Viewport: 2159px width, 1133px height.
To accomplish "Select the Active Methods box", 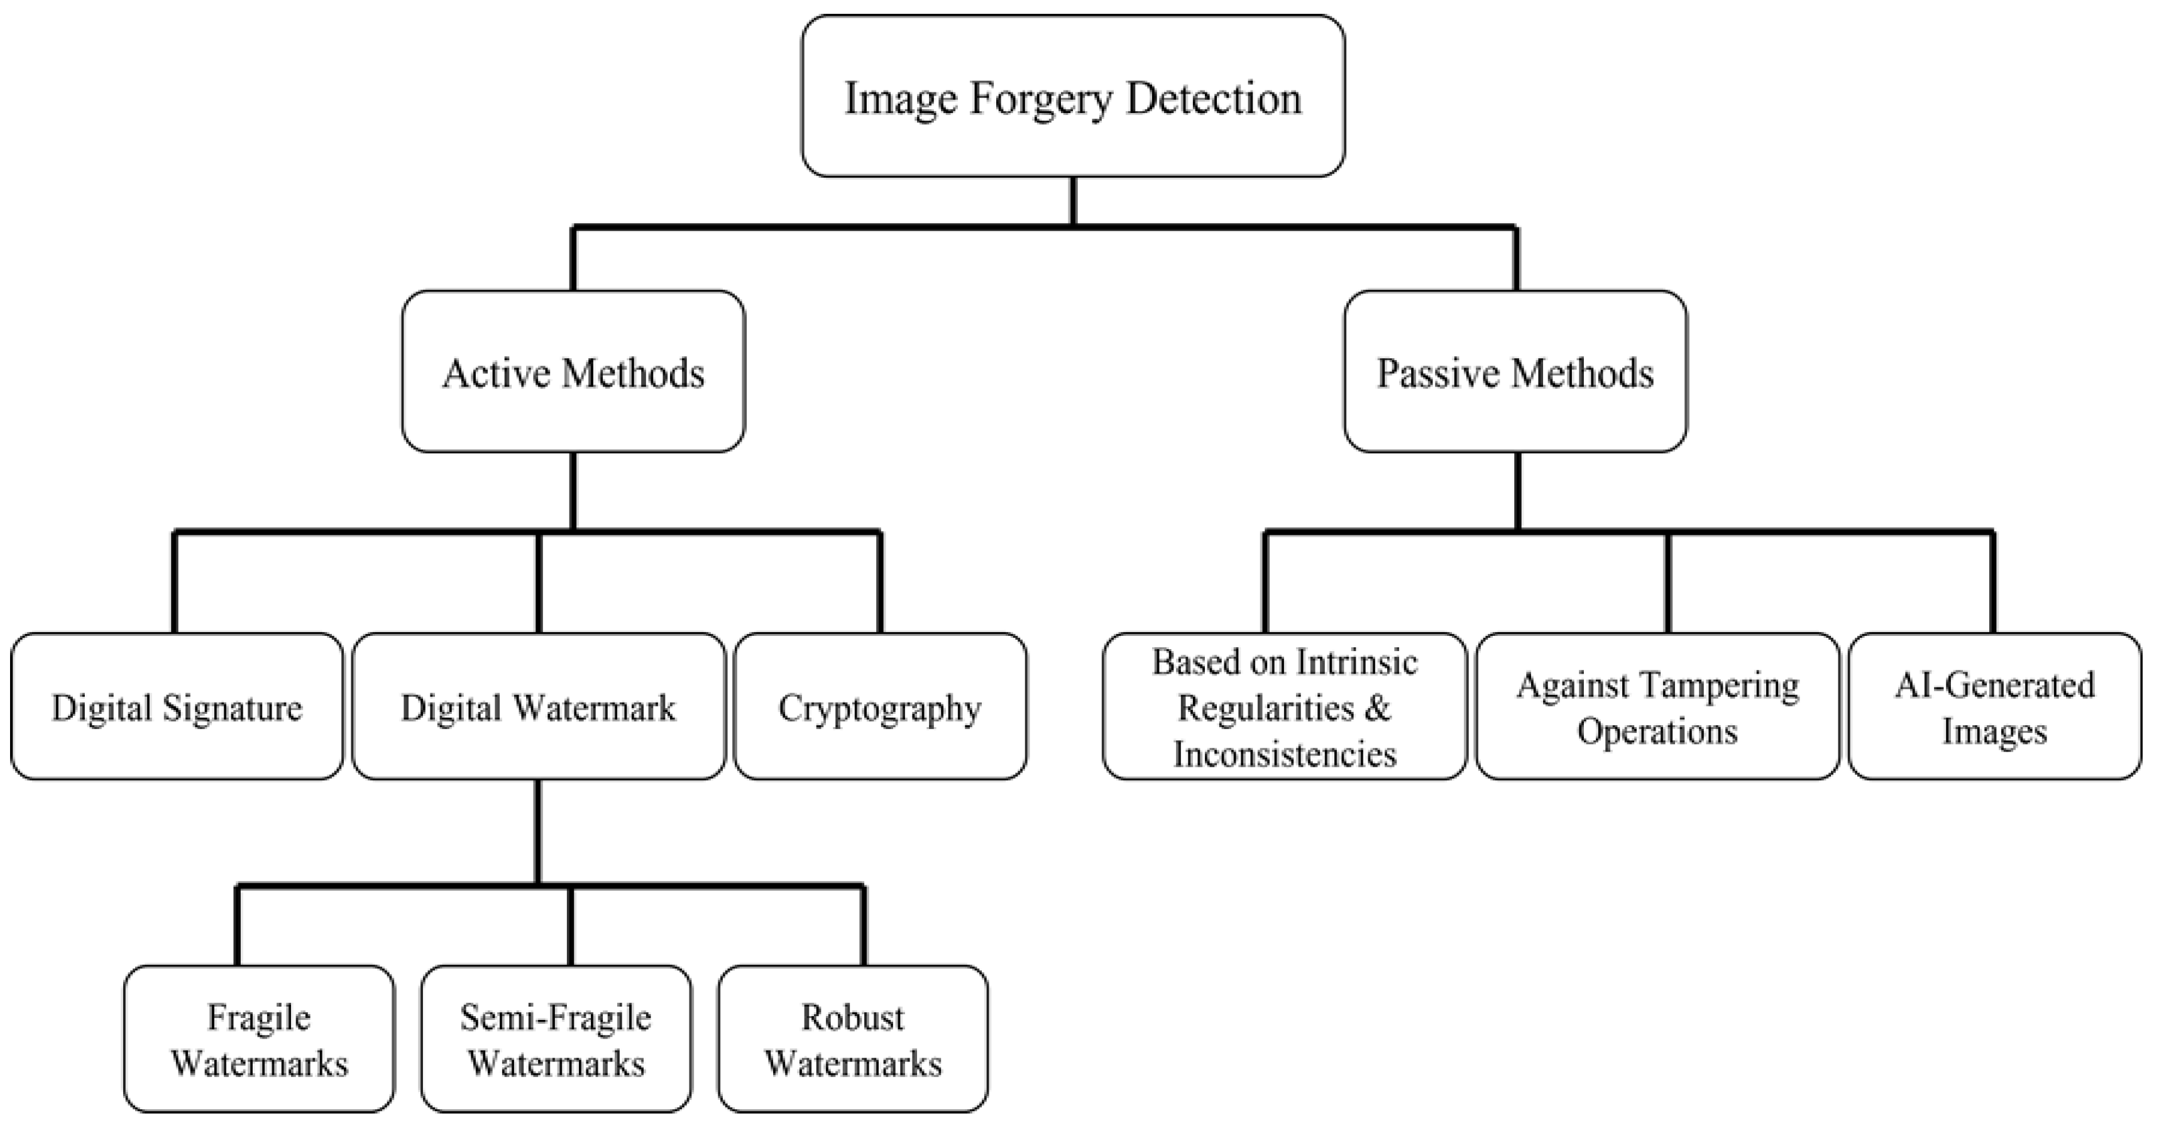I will [x=573, y=371].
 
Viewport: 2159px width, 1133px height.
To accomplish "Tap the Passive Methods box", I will [x=1515, y=371].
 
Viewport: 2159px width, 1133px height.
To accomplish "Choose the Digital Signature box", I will [x=177, y=706].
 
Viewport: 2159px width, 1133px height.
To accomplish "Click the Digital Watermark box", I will [x=538, y=706].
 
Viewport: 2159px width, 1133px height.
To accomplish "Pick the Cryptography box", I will [x=880, y=706].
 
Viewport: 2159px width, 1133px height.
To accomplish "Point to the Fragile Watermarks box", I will [x=259, y=1039].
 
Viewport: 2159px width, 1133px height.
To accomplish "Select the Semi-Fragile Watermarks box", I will [x=556, y=1039].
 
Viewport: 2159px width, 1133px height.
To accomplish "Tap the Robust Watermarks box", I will [x=852, y=1039].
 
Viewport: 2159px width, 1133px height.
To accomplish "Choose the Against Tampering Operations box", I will [x=1657, y=706].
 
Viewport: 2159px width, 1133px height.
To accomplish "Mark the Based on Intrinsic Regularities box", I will [x=1284, y=706].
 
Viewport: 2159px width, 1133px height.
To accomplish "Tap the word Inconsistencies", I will [x=1284, y=753].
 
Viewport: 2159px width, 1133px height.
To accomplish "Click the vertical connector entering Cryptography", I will [x=880, y=583].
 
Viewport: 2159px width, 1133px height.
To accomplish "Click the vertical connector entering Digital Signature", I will [x=174, y=583].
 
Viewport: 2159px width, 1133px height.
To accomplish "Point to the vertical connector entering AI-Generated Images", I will [x=1993, y=583].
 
